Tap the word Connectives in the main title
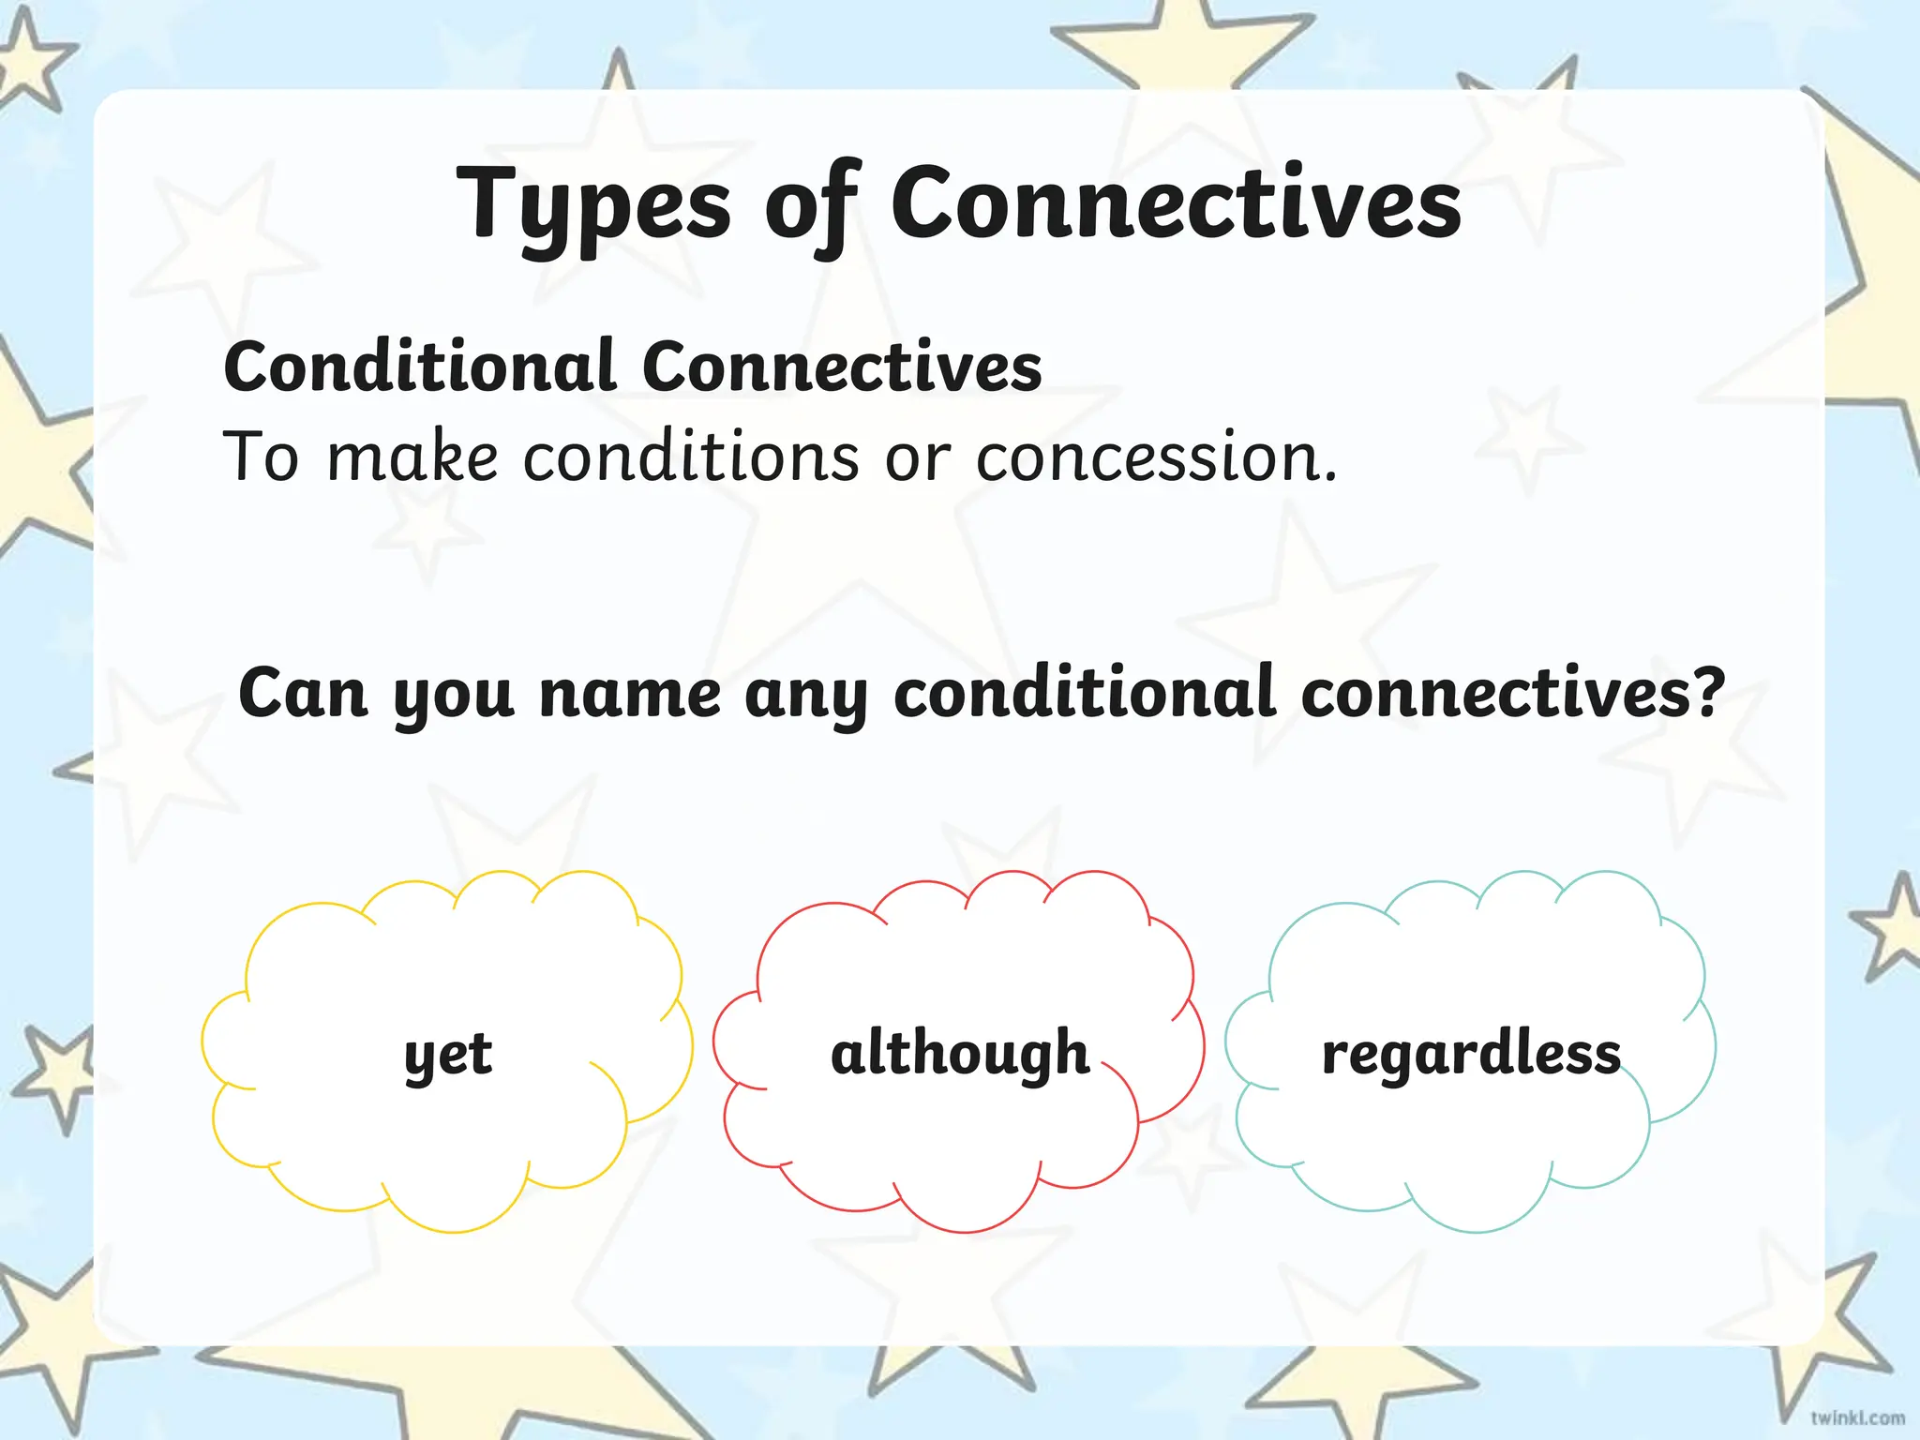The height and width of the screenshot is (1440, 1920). point(1176,202)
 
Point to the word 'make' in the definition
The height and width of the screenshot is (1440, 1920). point(412,457)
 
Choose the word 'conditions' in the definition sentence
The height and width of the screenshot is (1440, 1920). point(691,457)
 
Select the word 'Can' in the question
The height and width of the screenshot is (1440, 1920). point(302,694)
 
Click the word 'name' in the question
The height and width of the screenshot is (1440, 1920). point(630,695)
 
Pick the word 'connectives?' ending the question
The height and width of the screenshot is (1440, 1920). point(1512,694)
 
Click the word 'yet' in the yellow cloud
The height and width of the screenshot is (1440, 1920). point(448,1055)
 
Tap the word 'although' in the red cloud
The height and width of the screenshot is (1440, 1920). point(960,1053)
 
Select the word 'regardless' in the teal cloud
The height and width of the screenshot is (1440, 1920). point(1471,1055)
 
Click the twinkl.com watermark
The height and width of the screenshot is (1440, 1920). point(1856,1417)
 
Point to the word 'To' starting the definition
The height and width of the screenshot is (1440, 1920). point(261,457)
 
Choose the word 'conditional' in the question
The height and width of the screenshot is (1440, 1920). point(1085,694)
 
